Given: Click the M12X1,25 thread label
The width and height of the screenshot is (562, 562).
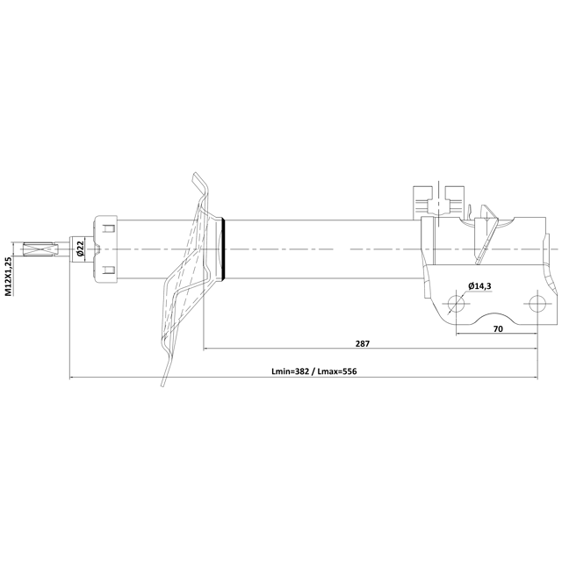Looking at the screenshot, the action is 9,276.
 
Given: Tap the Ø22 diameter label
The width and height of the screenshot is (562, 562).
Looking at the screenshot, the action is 80,249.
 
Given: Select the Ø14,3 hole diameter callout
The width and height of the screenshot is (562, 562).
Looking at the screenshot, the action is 479,286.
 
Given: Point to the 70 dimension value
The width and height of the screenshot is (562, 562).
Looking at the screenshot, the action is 498,328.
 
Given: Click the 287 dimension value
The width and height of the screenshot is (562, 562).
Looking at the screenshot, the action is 363,343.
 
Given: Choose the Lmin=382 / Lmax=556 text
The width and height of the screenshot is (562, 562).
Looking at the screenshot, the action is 314,371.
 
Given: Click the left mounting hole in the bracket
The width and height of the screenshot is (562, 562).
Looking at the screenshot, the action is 456,304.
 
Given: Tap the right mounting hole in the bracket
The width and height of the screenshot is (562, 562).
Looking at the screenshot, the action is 537,304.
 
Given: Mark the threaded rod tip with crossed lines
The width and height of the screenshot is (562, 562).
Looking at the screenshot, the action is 40,249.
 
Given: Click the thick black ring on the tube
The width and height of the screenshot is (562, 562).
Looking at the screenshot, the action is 224,249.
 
